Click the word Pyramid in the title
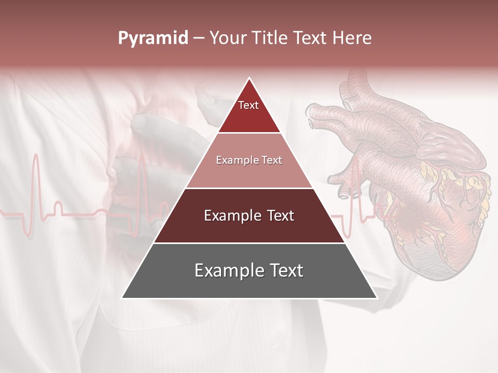[153, 38]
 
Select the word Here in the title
[352, 38]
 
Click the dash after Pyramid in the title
[199, 38]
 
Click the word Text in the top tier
[248, 105]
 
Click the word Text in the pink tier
[271, 160]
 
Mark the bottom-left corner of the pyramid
[122, 298]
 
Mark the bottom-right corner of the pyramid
[376, 298]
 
